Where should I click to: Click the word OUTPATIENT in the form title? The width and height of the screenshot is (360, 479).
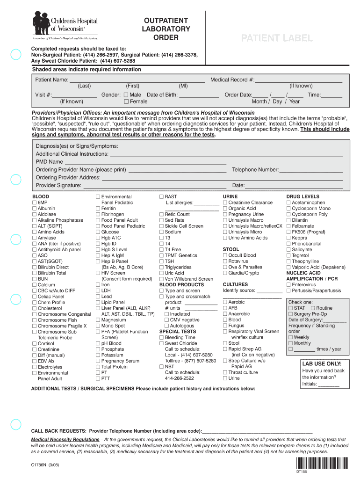click(x=166, y=21)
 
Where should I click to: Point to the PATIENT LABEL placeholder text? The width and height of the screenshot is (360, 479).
click(x=276, y=38)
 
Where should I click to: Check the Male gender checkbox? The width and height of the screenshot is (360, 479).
click(x=126, y=95)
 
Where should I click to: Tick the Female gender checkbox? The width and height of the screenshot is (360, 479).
click(x=126, y=102)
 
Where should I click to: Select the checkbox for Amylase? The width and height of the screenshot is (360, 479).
click(x=34, y=238)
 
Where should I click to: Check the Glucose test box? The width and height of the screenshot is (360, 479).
click(x=98, y=232)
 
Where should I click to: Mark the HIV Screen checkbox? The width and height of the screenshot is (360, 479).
click(x=98, y=273)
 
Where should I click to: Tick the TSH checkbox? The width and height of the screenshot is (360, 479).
click(x=161, y=261)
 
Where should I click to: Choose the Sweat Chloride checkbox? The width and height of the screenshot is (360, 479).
click(x=161, y=343)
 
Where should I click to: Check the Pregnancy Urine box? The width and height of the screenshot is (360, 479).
click(x=225, y=214)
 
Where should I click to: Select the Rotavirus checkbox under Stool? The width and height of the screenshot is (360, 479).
click(x=225, y=261)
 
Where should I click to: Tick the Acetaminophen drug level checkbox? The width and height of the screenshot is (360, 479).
click(x=288, y=203)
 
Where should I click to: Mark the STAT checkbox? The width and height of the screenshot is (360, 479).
click(x=290, y=308)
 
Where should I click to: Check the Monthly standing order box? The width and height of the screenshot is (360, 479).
click(x=290, y=343)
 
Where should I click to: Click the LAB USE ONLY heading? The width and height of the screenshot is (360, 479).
click(x=322, y=363)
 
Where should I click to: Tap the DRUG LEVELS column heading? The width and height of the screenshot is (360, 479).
click(x=302, y=196)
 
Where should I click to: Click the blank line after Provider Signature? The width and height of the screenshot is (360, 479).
click(x=154, y=186)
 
